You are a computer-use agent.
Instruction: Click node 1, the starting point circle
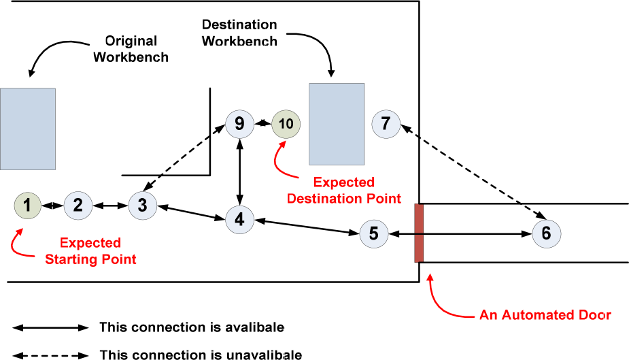(x=27, y=205)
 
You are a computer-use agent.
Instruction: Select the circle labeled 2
(x=78, y=205)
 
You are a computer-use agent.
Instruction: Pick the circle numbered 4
(x=239, y=219)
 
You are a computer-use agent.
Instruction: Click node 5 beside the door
(x=373, y=233)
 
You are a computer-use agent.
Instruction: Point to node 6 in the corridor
(x=546, y=233)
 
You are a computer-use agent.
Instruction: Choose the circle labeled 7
(x=386, y=124)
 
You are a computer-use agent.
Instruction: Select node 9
(x=239, y=124)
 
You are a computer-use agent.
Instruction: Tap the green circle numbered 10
(x=286, y=124)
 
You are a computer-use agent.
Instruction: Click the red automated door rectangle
(x=419, y=233)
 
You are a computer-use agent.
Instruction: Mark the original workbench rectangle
(x=28, y=129)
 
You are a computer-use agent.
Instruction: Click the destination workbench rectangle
(x=336, y=124)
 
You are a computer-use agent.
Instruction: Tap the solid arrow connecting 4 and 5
(x=307, y=227)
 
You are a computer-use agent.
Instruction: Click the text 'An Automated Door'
(x=545, y=315)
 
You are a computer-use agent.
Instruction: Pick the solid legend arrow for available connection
(x=51, y=327)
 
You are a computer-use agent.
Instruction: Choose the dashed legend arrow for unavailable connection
(x=51, y=354)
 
